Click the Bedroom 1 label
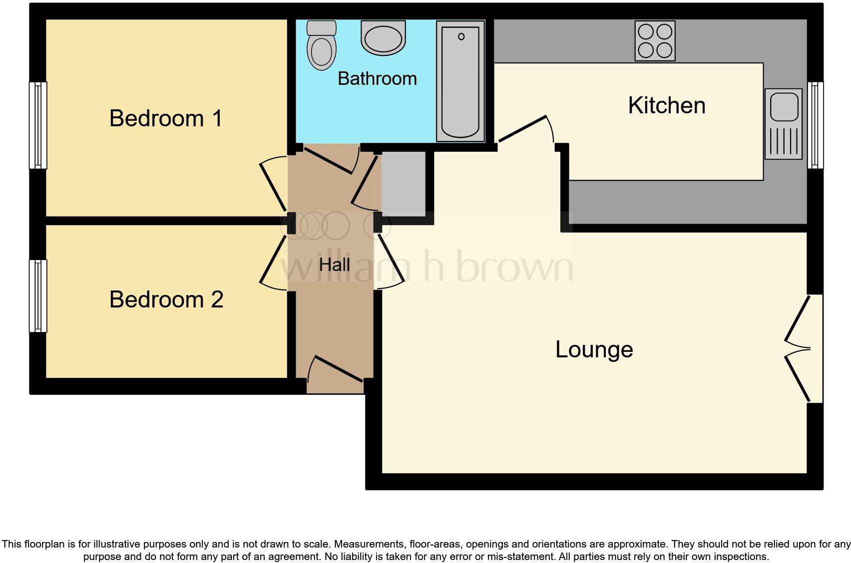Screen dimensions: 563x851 pos(166,119)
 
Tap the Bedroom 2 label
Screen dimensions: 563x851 pos(166,299)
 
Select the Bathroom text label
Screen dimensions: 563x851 pos(377,79)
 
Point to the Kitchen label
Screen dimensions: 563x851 pos(666,106)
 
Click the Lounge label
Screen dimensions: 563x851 pos(594,349)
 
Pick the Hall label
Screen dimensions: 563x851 pos(334,265)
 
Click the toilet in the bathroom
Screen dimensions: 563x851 pos(321,46)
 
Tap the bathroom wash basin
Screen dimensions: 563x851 pos(384,38)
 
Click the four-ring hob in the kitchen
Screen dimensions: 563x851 pos(655,41)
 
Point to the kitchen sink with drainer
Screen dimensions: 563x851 pos(783,124)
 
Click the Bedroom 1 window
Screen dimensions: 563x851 pos(38,125)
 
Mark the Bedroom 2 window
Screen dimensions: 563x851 pos(38,295)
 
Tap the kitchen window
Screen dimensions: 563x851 pos(816,125)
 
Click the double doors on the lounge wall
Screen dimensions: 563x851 pos(799,348)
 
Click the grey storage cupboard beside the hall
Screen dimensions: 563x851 pos(404,183)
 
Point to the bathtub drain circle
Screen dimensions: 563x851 pos(461,36)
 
